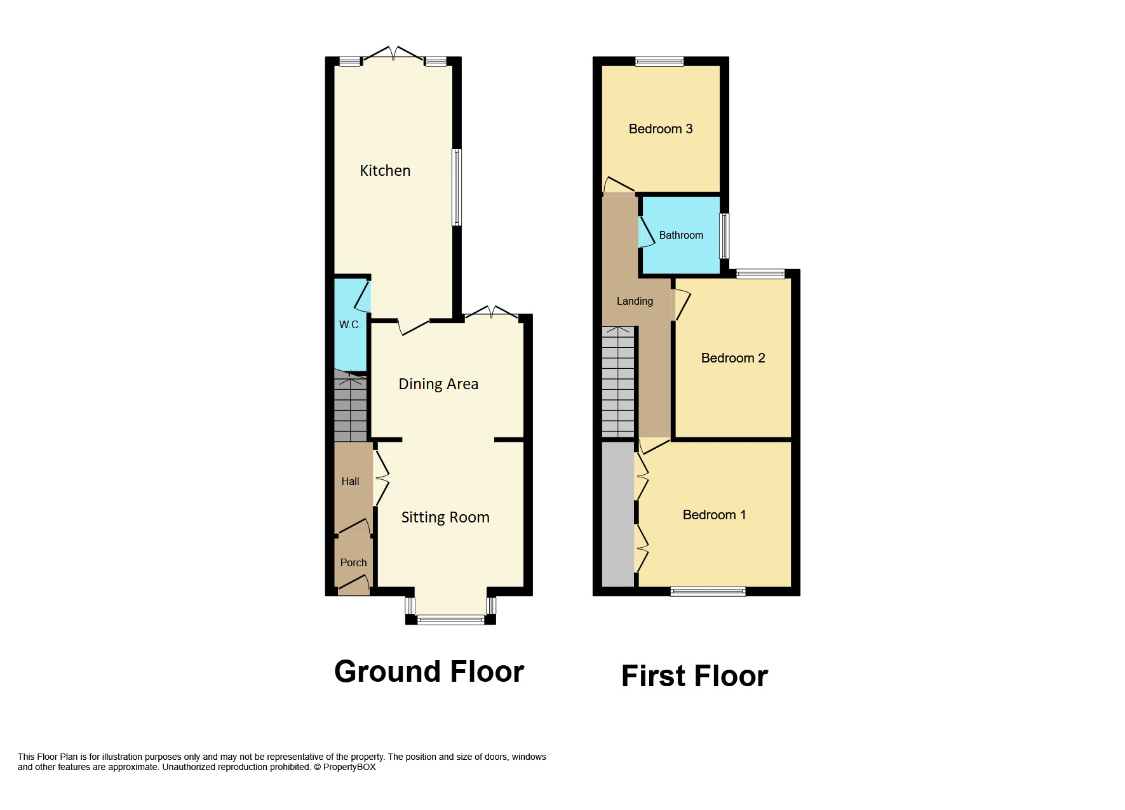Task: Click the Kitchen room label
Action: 385,171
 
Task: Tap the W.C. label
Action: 349,324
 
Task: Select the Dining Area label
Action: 438,384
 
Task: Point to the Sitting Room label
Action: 445,517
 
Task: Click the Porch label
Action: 353,562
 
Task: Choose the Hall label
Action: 350,481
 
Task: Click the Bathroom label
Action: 681,235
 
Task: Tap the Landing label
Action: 635,301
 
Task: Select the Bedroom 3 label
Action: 661,129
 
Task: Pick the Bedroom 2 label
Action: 733,358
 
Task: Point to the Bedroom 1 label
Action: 714,515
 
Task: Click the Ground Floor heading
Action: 429,672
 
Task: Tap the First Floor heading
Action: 694,676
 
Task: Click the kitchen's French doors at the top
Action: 393,55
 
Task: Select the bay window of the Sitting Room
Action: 450,619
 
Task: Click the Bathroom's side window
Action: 724,236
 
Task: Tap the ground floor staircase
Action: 350,406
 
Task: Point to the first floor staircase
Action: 618,382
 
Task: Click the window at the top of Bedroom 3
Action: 659,62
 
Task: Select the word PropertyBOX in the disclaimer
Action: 349,767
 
